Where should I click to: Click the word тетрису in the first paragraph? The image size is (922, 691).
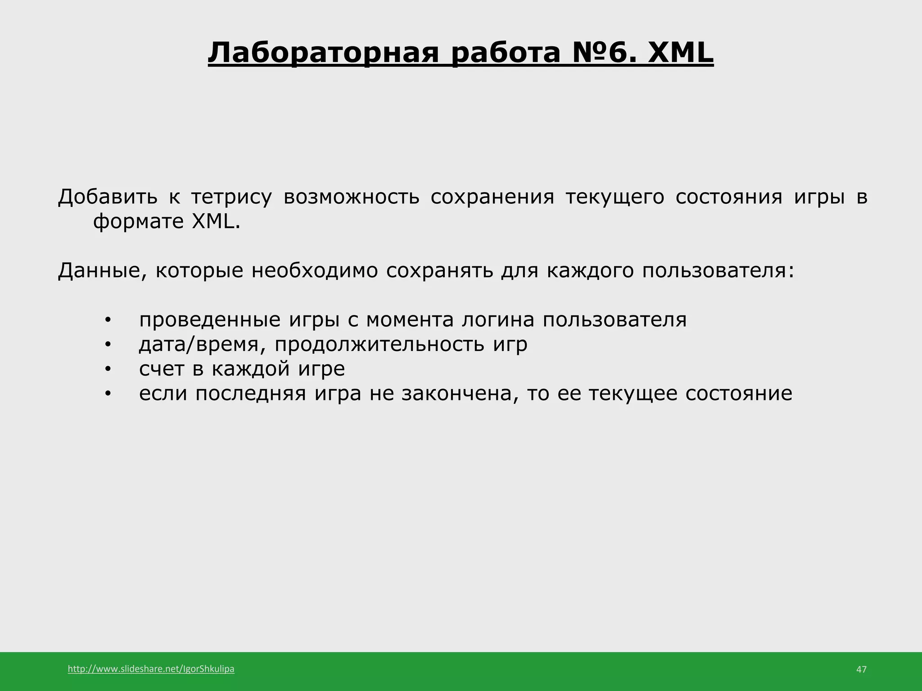click(231, 197)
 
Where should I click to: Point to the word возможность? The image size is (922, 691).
click(352, 197)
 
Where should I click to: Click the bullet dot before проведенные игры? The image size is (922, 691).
click(107, 321)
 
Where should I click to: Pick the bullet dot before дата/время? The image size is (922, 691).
click(107, 345)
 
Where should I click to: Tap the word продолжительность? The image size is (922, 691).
click(380, 345)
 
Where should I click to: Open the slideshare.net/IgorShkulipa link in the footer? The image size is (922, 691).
click(151, 669)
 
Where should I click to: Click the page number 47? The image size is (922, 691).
click(861, 669)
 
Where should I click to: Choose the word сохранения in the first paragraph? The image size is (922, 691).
click(492, 197)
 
